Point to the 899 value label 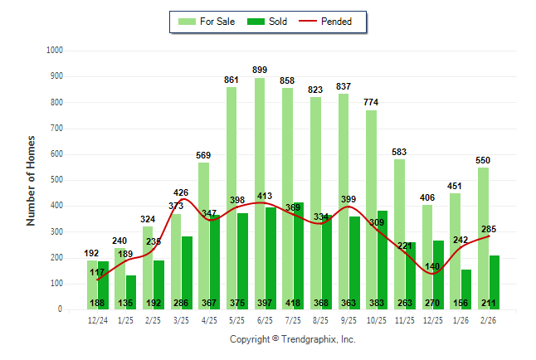[260, 70]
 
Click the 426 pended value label [181, 192]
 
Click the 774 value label [371, 102]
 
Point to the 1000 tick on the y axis [55, 50]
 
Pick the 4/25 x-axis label [209, 319]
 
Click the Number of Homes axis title [32, 180]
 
